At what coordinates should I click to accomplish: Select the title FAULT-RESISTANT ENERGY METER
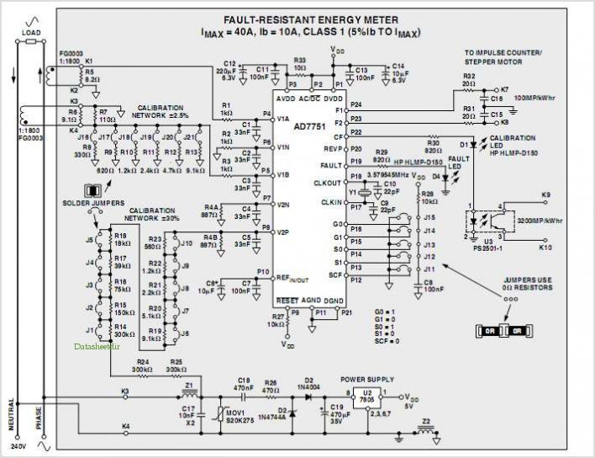tap(311, 20)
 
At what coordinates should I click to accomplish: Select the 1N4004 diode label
tap(308, 387)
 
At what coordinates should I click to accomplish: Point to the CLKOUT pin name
tap(329, 183)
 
